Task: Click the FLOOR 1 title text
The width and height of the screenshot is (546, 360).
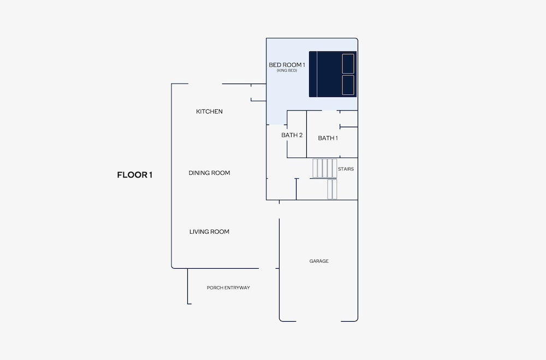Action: click(134, 175)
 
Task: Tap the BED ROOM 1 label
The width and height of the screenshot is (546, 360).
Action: click(287, 65)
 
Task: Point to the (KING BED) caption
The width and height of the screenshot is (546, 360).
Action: click(287, 70)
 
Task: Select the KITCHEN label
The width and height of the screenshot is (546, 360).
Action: click(209, 111)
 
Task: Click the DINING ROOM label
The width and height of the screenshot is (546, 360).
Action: click(209, 173)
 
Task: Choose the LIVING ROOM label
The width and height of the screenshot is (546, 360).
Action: click(209, 232)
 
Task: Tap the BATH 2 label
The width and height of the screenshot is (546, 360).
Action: click(292, 135)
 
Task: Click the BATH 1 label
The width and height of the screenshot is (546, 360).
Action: click(328, 138)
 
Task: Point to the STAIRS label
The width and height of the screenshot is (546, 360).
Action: click(346, 169)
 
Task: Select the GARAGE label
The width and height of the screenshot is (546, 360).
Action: click(319, 261)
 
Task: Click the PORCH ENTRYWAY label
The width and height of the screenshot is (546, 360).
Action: click(228, 288)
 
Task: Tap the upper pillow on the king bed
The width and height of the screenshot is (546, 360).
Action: click(348, 64)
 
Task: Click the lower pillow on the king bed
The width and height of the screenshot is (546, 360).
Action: click(348, 85)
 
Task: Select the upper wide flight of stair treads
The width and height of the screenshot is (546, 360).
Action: click(324, 168)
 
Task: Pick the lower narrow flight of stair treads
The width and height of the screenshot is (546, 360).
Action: click(332, 189)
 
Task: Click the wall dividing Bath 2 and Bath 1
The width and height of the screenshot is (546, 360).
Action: click(306, 134)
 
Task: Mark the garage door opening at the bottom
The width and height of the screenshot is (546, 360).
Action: click(318, 321)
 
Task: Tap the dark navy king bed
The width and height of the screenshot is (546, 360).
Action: click(333, 74)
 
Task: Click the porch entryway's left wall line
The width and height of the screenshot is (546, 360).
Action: click(188, 286)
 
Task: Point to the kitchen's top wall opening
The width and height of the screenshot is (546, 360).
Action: click(205, 84)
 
